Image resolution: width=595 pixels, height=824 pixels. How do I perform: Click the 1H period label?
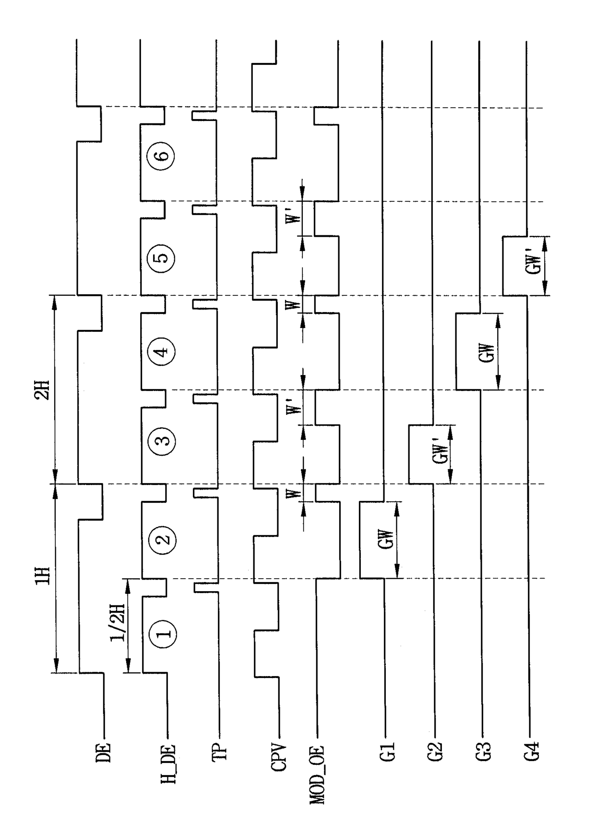(42, 576)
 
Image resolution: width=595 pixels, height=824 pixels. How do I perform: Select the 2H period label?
(42, 389)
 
